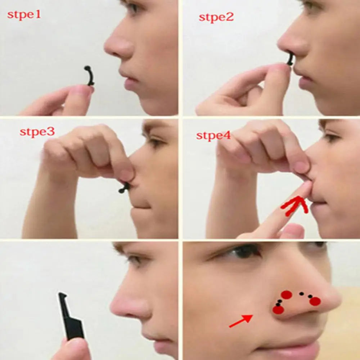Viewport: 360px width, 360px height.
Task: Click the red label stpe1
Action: pos(24,15)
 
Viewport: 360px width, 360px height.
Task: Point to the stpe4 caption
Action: pos(213,136)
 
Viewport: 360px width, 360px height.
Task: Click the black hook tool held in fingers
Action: pos(71,317)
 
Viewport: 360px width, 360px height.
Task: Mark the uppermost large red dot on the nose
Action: pos(286,295)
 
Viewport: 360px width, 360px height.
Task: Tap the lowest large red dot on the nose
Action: pos(278,310)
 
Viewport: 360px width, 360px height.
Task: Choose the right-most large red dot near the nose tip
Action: pos(315,301)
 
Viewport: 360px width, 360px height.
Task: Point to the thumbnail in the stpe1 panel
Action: pos(84,90)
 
